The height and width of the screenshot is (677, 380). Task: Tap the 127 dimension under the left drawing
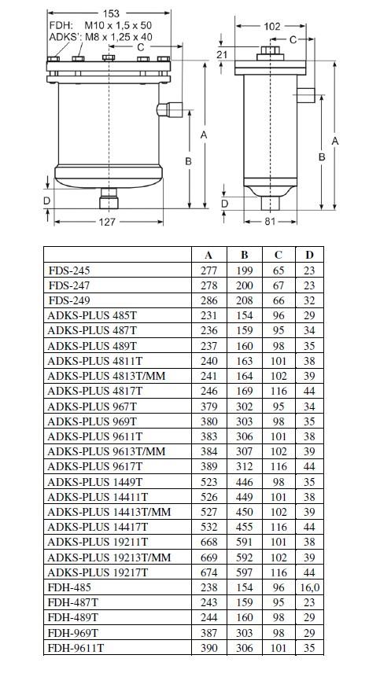[107, 222]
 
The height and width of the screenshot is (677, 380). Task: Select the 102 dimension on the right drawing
[271, 26]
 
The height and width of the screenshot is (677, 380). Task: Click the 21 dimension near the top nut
[222, 54]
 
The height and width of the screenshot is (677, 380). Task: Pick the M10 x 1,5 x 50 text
[118, 26]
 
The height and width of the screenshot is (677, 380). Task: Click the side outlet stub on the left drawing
[169, 109]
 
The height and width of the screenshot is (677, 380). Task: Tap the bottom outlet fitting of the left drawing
[109, 198]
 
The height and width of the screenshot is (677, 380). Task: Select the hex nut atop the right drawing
[270, 52]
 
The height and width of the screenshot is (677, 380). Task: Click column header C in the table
[279, 256]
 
